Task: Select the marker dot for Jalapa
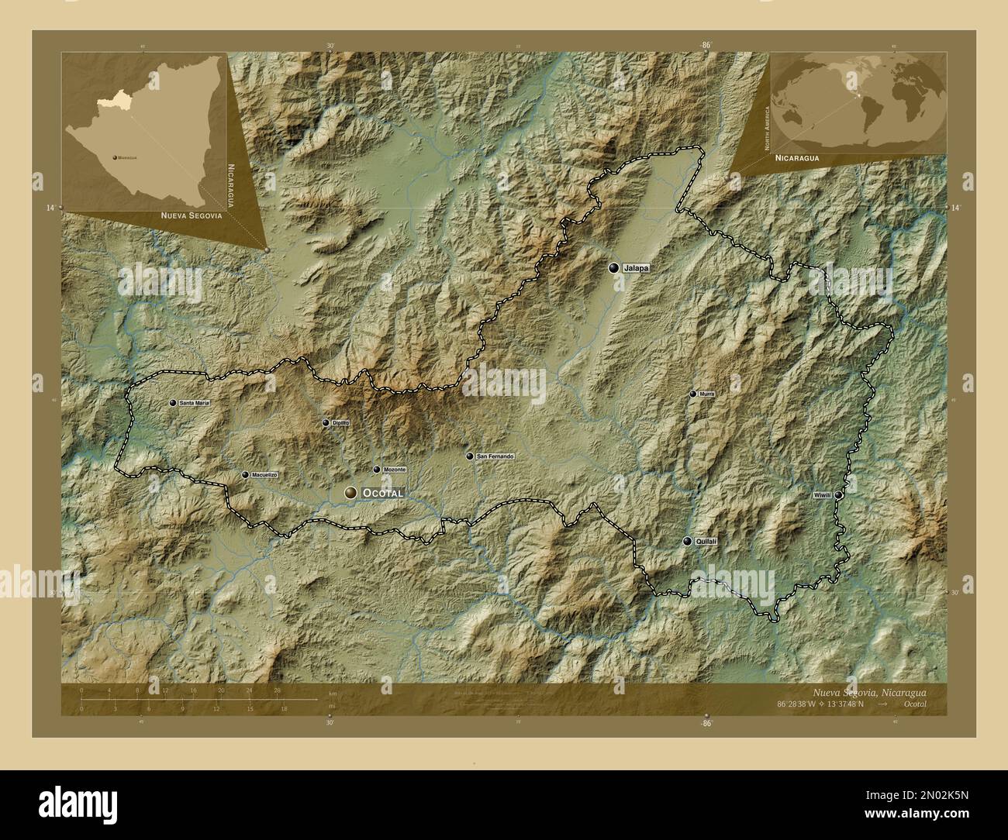pos(614,268)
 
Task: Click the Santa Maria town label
pos(194,404)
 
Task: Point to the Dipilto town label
pos(341,423)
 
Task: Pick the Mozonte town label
pos(395,470)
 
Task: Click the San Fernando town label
pos(495,456)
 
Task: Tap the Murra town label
pos(706,394)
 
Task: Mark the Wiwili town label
pos(822,494)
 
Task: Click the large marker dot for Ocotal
pos(352,493)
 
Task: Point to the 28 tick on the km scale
pos(277,690)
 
